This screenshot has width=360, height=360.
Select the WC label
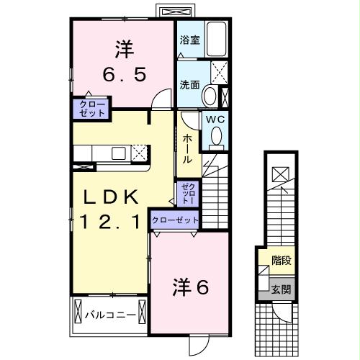click(x=215, y=120)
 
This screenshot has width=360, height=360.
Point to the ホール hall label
click(x=186, y=148)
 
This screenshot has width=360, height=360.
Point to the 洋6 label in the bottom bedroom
click(x=190, y=287)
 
